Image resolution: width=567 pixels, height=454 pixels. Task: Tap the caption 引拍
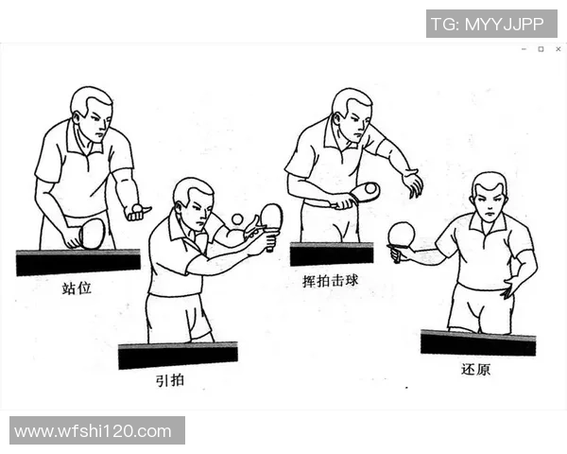pyautogui.click(x=170, y=380)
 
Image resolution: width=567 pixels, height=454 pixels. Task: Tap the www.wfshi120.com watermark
pyautogui.click(x=94, y=431)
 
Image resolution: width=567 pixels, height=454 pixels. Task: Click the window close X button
pyautogui.click(x=558, y=48)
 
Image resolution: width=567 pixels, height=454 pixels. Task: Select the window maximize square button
pyautogui.click(x=541, y=48)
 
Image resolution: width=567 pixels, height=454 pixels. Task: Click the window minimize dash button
pyautogui.click(x=524, y=48)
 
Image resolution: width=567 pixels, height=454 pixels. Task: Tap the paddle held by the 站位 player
pyautogui.click(x=92, y=233)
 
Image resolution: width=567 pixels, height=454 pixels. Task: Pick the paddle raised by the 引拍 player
pyautogui.click(x=271, y=218)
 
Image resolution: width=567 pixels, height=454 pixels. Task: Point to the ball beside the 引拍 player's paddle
pyautogui.click(x=237, y=218)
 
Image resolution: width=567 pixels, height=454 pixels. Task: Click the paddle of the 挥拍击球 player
pyautogui.click(x=364, y=192)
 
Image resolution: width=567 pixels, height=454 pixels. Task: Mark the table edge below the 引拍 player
pyautogui.click(x=178, y=356)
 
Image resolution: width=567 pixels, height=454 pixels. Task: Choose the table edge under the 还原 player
pyautogui.click(x=477, y=342)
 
